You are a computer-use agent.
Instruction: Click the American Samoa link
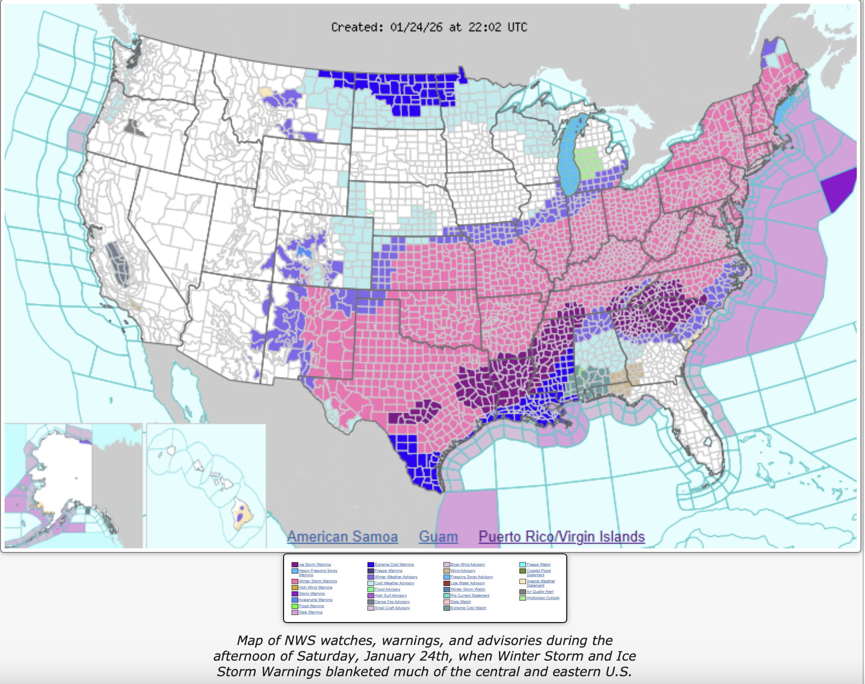342,536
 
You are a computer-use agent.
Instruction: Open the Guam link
438,536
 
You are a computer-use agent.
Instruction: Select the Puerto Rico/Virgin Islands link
561,536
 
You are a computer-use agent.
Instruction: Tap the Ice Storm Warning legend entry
314,565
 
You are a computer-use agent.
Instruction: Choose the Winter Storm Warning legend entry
318,581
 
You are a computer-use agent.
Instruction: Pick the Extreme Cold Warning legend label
394,565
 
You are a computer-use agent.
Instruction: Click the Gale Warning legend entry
311,612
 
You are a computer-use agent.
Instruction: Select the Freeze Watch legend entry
538,565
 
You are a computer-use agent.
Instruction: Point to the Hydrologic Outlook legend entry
542,598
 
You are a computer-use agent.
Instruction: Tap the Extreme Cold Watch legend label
468,608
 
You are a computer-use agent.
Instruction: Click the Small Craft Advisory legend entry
392,608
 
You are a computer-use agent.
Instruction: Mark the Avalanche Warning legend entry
315,600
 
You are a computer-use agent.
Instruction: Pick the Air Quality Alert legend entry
540,592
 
